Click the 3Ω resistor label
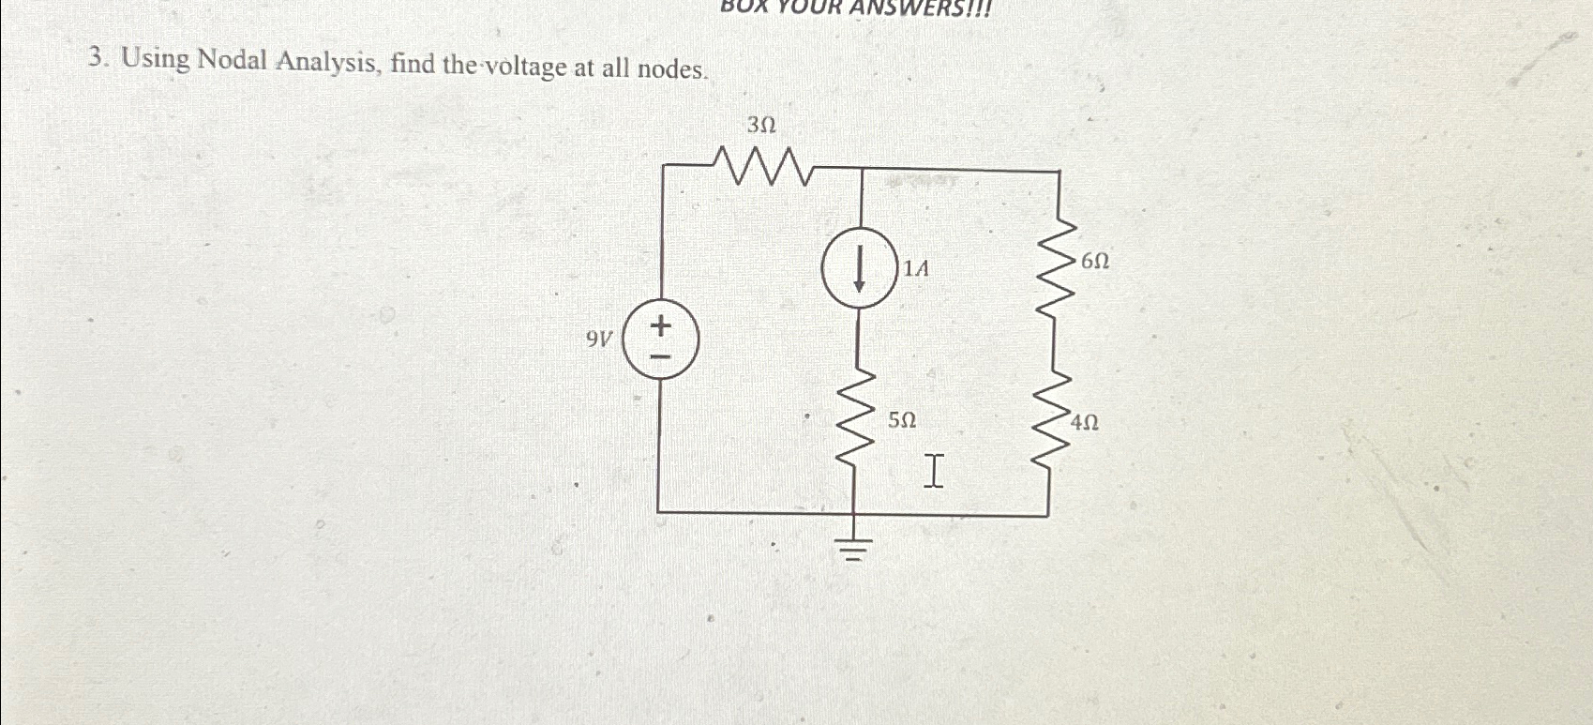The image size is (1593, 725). coord(760,125)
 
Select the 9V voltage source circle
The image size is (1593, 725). coord(661,340)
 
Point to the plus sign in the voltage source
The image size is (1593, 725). coord(661,325)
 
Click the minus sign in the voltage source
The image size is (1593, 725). coord(661,356)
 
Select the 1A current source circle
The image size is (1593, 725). coord(859,268)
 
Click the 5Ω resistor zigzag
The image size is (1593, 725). coord(857,421)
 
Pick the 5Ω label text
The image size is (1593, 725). coord(902,420)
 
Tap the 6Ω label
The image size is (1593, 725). coord(1095,262)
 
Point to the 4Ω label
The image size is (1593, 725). coord(1085,423)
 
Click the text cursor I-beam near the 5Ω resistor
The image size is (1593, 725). coord(933,470)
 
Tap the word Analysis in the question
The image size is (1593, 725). coord(327,64)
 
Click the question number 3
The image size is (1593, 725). coord(96,58)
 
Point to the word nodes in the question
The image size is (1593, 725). coord(670,69)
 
